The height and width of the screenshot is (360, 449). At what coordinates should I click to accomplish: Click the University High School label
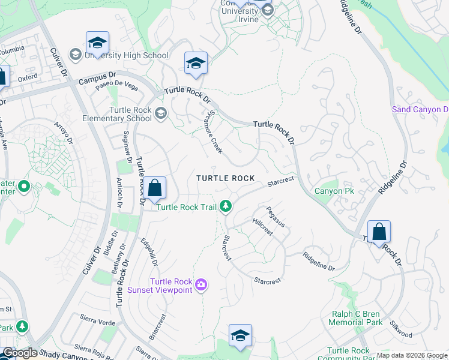point(126,55)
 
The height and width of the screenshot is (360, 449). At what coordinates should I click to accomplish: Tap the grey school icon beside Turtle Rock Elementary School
point(160,113)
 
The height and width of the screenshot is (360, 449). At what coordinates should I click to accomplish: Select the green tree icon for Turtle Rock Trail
point(226,207)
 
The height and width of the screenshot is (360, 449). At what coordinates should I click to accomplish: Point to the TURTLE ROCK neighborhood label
point(226,179)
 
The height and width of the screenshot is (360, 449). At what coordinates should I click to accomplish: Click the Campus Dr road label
point(97,78)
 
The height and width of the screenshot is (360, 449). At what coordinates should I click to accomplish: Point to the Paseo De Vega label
point(116,87)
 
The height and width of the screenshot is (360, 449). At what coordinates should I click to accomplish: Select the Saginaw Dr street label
point(127,146)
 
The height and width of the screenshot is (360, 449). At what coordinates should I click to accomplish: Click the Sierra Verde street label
point(97,322)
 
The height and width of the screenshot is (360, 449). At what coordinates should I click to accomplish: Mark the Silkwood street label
point(401,329)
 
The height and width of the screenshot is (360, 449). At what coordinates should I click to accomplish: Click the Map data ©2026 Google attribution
point(412,355)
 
